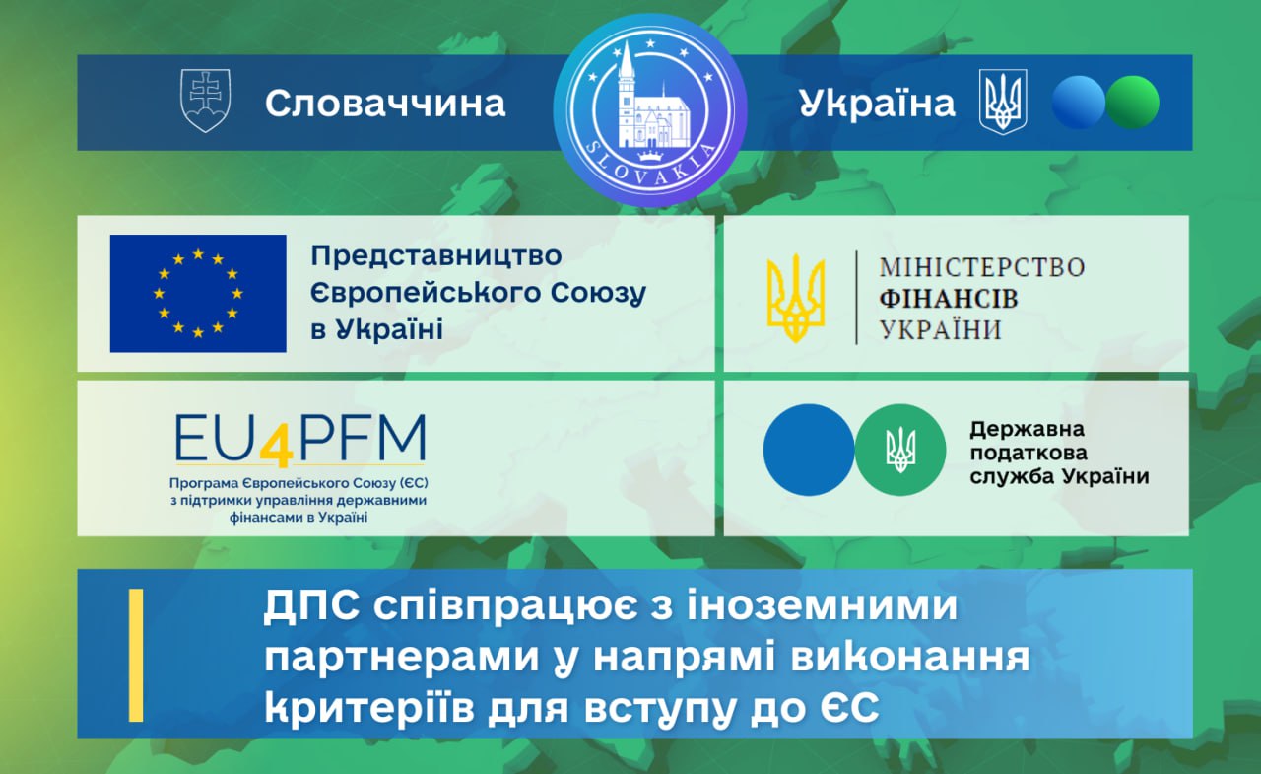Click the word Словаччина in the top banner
pyautogui.click(x=385, y=104)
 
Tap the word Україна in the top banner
pyautogui.click(x=877, y=104)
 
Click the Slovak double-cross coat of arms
pyautogui.click(x=206, y=101)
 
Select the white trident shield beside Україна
pyautogui.click(x=1003, y=102)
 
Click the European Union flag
pyautogui.click(x=198, y=294)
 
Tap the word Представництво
pyautogui.click(x=436, y=256)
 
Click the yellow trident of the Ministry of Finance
pyautogui.click(x=796, y=298)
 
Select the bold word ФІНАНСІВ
pyautogui.click(x=949, y=299)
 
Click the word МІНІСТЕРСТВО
pyautogui.click(x=982, y=267)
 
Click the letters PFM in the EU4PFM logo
pyautogui.click(x=362, y=438)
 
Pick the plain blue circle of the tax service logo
pyautogui.click(x=809, y=450)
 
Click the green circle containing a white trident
pyautogui.click(x=900, y=450)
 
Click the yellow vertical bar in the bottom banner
pyautogui.click(x=136, y=655)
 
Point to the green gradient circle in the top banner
pyautogui.click(x=1133, y=103)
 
